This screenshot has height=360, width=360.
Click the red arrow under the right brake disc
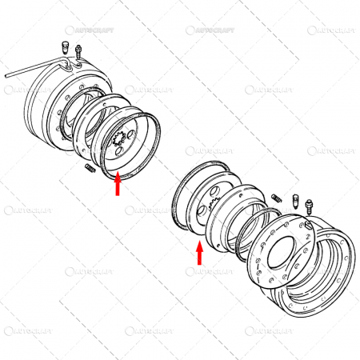[x=199, y=254]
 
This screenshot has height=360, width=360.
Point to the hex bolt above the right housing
[x=295, y=202]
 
